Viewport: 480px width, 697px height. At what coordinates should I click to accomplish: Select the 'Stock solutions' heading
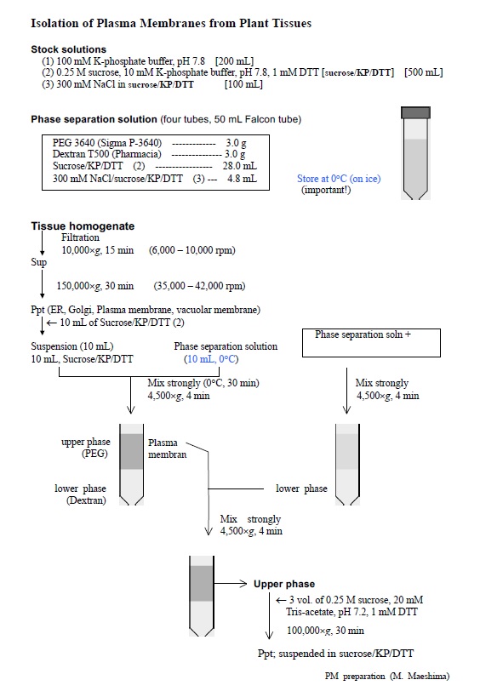click(68, 49)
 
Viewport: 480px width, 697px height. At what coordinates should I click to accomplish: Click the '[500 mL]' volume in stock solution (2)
click(424, 72)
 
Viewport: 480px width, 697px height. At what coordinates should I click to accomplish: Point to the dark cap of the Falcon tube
click(415, 112)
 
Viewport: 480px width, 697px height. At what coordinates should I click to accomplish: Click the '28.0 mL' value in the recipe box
click(239, 166)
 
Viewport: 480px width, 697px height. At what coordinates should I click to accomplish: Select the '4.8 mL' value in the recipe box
click(242, 178)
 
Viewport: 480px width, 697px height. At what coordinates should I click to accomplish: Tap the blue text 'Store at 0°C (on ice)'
click(339, 178)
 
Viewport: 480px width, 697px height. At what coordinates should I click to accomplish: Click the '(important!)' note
click(326, 190)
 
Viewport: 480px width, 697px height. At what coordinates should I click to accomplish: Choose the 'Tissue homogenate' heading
click(83, 226)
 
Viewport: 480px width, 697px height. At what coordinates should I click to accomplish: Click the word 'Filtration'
click(81, 237)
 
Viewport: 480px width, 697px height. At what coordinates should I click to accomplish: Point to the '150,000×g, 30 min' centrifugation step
click(95, 286)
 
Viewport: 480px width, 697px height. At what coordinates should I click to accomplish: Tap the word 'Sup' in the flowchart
click(38, 262)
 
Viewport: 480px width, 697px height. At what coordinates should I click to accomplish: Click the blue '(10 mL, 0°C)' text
click(211, 359)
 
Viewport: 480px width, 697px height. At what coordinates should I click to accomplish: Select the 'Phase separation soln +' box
click(371, 343)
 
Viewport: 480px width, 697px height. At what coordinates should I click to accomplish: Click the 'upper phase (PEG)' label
click(86, 448)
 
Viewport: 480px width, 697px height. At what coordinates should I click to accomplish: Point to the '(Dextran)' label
click(86, 500)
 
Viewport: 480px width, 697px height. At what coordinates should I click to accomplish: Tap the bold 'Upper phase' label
click(284, 584)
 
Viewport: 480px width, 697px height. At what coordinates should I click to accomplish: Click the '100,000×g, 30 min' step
click(325, 631)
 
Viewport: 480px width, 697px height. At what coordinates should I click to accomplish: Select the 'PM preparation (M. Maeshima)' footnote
click(387, 676)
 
